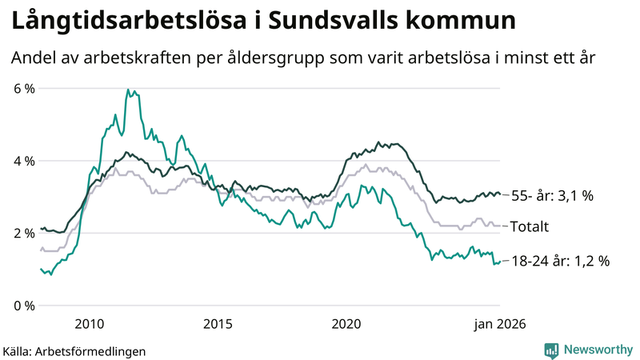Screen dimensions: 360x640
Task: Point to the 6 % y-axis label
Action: pyautogui.click(x=25, y=88)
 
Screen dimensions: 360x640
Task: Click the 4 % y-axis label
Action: pyautogui.click(x=25, y=161)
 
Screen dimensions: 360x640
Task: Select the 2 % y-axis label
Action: pyautogui.click(x=25, y=233)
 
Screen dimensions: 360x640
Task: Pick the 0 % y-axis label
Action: pyautogui.click(x=25, y=306)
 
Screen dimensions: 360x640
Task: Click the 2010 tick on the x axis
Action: pyautogui.click(x=89, y=324)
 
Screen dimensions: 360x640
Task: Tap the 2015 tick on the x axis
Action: pyautogui.click(x=218, y=324)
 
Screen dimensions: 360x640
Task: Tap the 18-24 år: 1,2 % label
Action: pyautogui.click(x=559, y=261)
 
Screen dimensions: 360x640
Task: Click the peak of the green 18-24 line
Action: pyautogui.click(x=128, y=90)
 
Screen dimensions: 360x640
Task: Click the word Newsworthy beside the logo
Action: pyautogui.click(x=598, y=350)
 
